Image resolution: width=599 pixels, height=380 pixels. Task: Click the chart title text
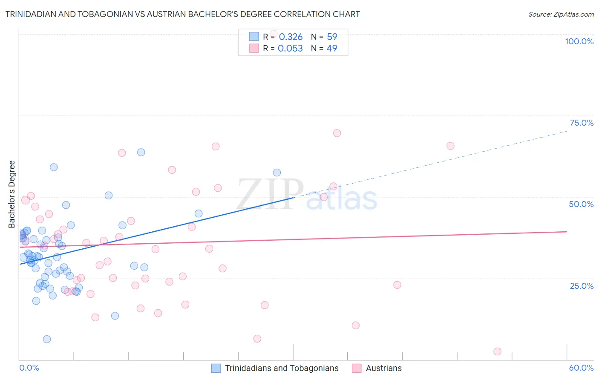click(182, 14)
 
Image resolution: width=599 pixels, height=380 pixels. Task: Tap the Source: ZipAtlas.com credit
click(561, 14)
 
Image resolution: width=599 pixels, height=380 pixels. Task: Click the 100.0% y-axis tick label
click(579, 41)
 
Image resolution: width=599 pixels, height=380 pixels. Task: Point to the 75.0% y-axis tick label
click(582, 123)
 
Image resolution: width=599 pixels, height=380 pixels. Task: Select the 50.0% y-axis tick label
click(581, 204)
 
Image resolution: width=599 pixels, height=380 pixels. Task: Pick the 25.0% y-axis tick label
click(582, 285)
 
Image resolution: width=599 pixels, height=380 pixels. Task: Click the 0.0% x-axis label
click(29, 368)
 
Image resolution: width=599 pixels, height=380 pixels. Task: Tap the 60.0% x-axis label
click(581, 368)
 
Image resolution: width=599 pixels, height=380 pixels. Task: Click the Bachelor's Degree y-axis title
click(12, 194)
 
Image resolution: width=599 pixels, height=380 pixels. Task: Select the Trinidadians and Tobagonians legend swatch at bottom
click(216, 368)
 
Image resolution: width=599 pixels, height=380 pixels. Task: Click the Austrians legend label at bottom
click(383, 368)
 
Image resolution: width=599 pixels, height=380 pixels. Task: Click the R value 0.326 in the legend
click(291, 37)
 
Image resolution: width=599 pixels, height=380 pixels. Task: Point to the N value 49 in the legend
click(331, 49)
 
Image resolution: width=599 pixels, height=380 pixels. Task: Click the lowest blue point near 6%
click(47, 339)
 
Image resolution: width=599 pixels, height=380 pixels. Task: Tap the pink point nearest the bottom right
click(497, 351)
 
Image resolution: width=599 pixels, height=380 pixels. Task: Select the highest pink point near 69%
click(337, 133)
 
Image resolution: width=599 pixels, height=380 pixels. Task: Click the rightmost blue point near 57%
click(277, 173)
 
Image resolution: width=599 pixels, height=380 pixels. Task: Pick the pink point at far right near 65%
click(450, 146)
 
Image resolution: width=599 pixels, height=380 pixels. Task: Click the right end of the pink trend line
click(567, 231)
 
